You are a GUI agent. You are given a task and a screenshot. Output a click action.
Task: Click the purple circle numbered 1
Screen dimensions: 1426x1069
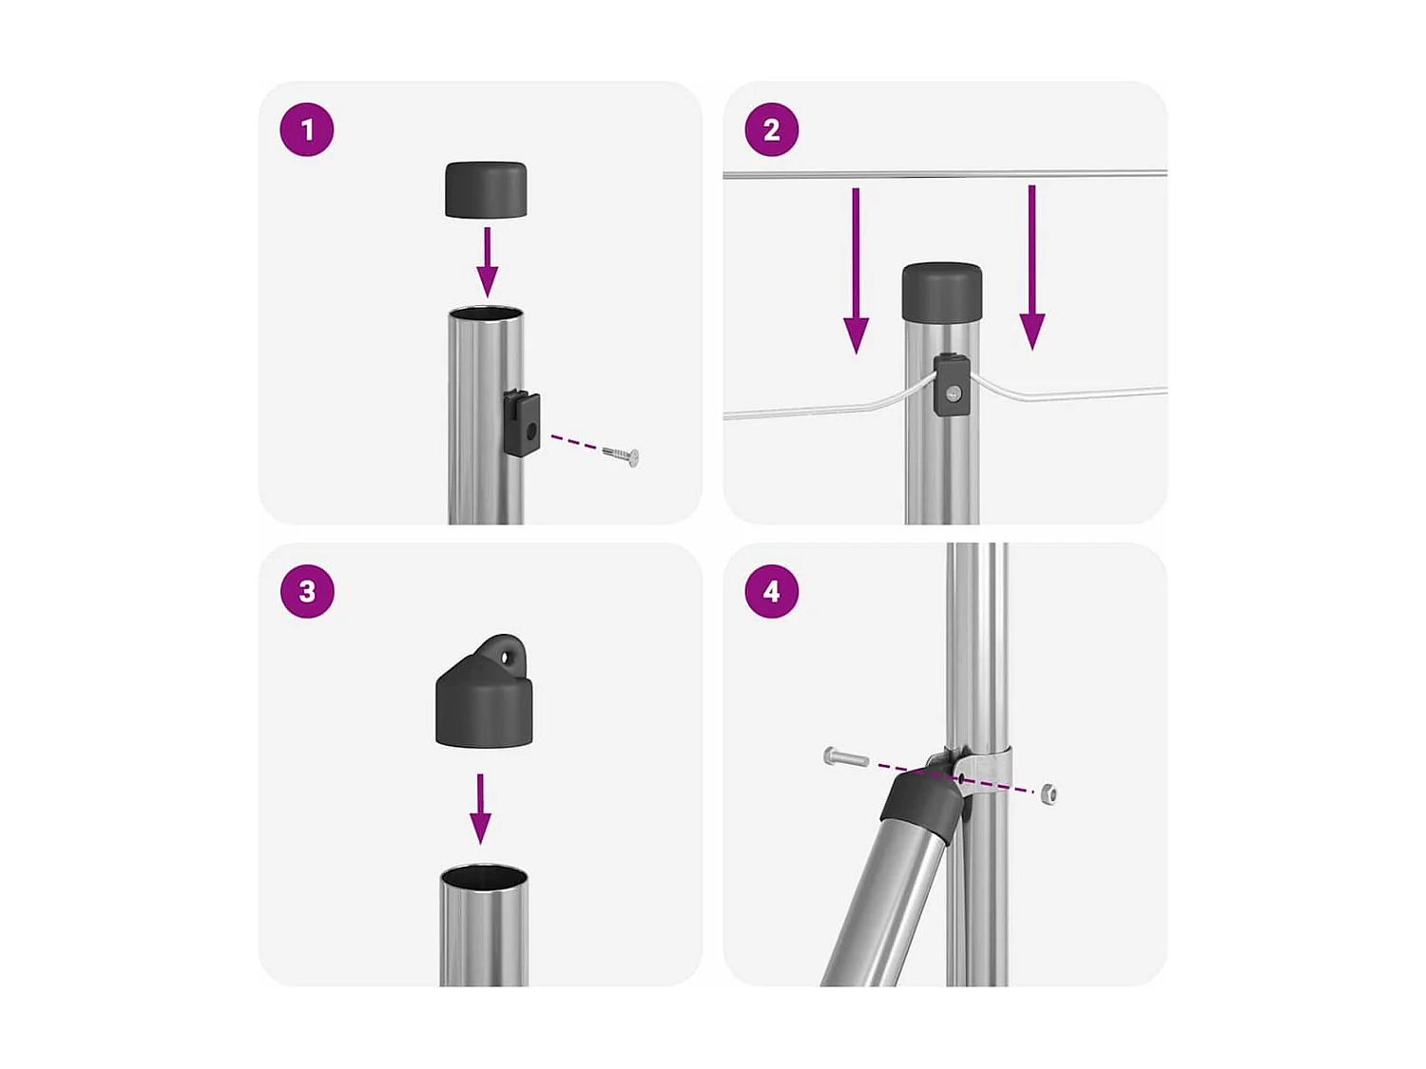[307, 129]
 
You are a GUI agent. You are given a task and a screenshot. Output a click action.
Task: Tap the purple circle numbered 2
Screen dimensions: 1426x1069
[771, 129]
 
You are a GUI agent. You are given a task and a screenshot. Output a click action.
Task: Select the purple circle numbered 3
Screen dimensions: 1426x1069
[307, 591]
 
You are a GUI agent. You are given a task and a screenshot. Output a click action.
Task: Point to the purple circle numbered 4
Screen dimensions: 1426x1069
[771, 591]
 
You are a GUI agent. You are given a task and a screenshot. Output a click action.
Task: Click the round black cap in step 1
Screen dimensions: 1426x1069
[485, 189]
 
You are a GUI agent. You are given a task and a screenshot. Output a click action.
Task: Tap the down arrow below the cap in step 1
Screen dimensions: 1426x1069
[488, 262]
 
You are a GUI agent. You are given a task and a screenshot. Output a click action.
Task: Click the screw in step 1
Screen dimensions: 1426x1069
[621, 456]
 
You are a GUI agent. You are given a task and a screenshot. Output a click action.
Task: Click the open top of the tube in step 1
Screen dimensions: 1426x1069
[486, 315]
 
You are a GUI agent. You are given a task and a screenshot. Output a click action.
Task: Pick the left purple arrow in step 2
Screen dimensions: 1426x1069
[856, 270]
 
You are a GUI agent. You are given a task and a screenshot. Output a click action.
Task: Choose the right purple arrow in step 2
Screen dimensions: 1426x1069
[1031, 267]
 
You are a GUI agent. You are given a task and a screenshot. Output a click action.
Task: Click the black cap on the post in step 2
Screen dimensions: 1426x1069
[941, 291]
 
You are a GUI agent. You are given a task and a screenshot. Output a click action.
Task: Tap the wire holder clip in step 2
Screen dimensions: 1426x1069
[951, 385]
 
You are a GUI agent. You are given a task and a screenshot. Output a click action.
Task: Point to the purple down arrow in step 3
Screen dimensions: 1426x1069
[480, 808]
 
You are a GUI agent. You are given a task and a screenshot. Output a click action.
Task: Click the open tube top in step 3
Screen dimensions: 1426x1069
[484, 874]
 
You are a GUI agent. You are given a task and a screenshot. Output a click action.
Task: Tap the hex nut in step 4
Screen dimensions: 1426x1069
[1047, 793]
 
